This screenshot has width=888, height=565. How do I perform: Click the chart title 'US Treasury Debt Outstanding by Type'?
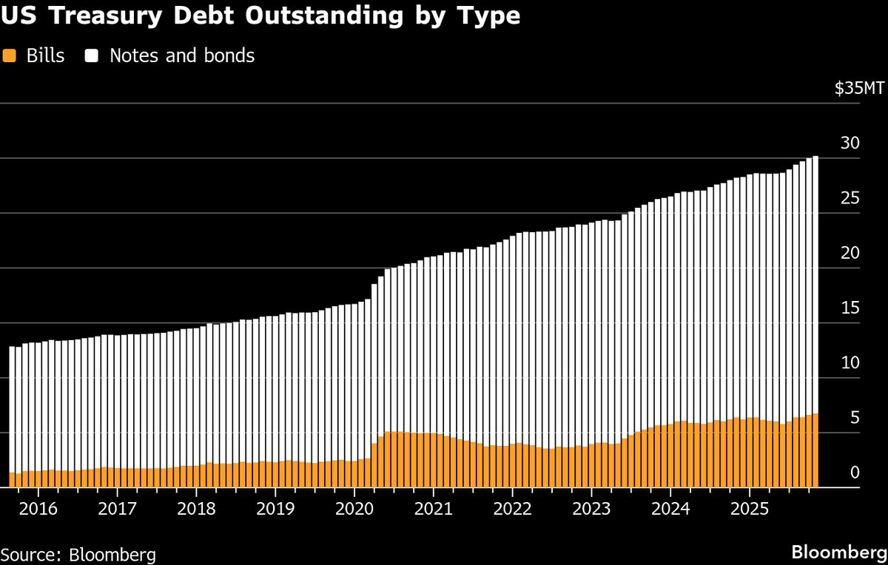point(260,17)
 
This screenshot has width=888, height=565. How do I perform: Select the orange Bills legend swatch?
point(9,55)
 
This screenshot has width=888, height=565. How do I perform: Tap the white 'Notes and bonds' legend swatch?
point(92,55)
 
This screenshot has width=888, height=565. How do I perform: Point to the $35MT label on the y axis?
point(858,89)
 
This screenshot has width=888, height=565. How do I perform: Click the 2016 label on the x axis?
point(38,510)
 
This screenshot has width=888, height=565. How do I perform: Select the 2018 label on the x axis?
point(196,510)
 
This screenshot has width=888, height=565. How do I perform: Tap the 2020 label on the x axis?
point(354,510)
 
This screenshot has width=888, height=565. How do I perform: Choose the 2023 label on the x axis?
point(591,510)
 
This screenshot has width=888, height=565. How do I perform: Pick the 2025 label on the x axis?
point(748,510)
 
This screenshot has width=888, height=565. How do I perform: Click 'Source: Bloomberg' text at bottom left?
point(78,554)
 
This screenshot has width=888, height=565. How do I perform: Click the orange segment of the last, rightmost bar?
point(815,451)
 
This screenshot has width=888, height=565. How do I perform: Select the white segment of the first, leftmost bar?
point(12,407)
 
